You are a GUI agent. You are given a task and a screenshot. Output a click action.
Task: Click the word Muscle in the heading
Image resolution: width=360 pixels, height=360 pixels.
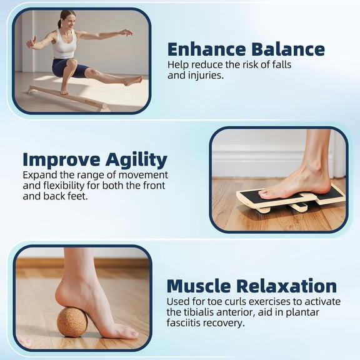[201, 286]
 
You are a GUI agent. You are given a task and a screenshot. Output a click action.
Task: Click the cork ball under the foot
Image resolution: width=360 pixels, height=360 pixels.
[72, 322]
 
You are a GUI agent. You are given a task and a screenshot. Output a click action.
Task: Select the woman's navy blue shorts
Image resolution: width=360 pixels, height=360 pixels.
[67, 67]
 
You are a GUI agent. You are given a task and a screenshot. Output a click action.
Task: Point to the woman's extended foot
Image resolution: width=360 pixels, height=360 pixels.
[133, 81]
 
